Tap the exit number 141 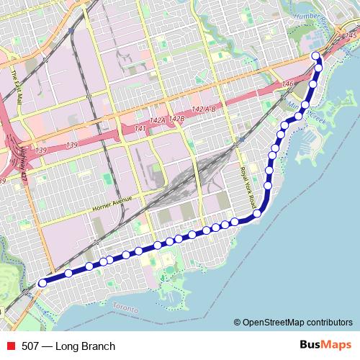click(140, 128)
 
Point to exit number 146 click(289, 84)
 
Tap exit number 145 click(351, 35)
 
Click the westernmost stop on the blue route click(42, 284)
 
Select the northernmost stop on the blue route click(315, 56)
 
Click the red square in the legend click(9, 347)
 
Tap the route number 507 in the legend click(31, 347)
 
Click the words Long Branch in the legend click(88, 347)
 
